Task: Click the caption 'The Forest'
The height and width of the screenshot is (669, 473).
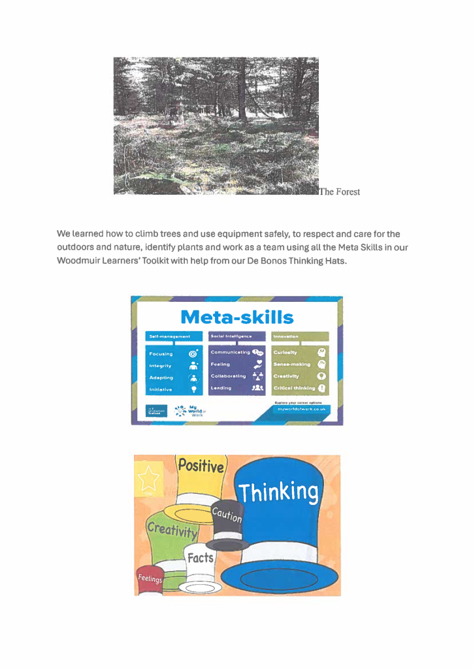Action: [340, 191]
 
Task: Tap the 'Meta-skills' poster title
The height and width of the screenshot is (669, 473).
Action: [236, 318]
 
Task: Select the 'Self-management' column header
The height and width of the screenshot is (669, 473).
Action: [169, 336]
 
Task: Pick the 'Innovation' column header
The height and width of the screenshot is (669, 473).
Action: [286, 336]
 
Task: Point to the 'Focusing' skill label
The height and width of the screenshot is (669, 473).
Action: [161, 354]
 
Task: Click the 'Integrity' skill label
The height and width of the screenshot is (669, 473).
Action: [160, 366]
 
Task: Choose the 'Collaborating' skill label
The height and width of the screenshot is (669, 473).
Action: [228, 376]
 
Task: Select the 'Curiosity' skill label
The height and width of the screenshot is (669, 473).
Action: [285, 353]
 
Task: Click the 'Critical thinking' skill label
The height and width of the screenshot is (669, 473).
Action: [294, 388]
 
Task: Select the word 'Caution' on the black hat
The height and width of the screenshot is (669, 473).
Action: [227, 515]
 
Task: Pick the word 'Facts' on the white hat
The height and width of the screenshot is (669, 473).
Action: [201, 557]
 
